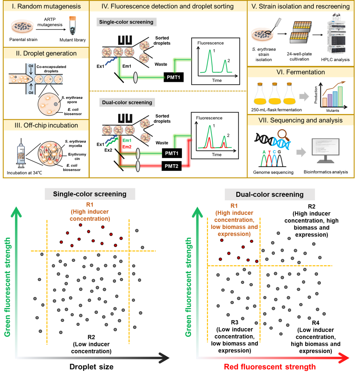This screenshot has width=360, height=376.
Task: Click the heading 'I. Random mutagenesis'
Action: pos(46,6)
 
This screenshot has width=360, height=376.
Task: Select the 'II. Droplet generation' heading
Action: pos(46,53)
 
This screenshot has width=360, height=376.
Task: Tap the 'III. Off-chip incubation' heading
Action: pos(46,125)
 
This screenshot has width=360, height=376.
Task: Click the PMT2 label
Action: pos(171,166)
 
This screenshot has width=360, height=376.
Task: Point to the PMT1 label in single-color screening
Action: pos(173,77)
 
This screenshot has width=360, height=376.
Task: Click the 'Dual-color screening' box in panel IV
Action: pos(127,102)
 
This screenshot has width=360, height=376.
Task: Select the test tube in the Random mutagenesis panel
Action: pos(73,26)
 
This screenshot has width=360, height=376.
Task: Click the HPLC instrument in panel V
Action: pos(336,34)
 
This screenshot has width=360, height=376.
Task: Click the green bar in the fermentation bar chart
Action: pos(340,96)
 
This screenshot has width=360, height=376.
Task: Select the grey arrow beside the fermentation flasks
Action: pos(304,96)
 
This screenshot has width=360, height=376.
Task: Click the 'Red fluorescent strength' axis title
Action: pos(270,367)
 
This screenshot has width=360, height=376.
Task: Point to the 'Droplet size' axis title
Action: pos(91,367)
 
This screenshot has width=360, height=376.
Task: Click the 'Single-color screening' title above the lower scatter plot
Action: pos(90,194)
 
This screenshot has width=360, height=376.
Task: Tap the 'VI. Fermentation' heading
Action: pos(300,72)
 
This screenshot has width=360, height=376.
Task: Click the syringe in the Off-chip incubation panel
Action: pos(21,155)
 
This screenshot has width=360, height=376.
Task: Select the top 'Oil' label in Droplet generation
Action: pos(31,66)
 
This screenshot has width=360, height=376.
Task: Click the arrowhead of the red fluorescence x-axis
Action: pos(344,358)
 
